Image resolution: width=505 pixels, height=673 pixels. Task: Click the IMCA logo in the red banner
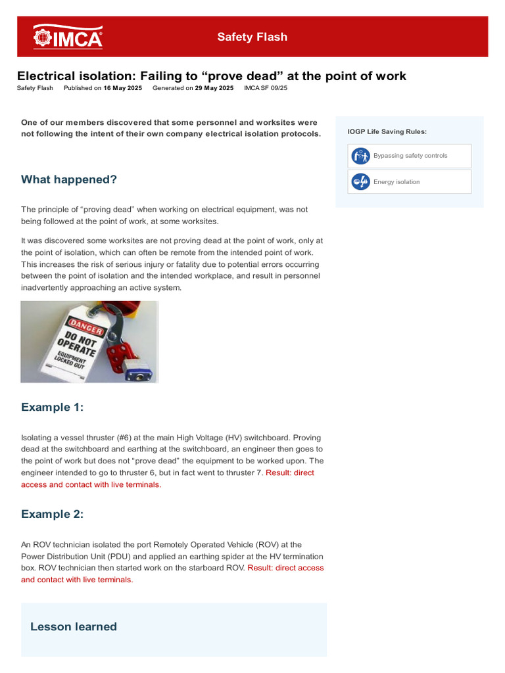[x=68, y=37]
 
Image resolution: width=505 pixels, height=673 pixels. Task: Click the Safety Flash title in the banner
[x=252, y=37]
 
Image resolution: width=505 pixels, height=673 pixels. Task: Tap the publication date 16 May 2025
[x=122, y=87]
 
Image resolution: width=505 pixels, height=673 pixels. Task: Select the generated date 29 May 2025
[x=214, y=87]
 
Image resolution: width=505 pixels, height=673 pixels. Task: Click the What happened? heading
[x=69, y=179]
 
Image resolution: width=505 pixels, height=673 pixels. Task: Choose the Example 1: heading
[x=53, y=407]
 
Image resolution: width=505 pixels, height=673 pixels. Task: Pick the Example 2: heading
[x=53, y=514]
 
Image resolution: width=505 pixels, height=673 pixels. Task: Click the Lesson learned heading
[x=74, y=626]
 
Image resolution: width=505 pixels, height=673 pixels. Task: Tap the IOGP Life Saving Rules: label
[x=387, y=131]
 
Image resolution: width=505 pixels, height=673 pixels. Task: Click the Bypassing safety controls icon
[x=360, y=156]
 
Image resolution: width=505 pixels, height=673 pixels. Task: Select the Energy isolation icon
[x=360, y=182]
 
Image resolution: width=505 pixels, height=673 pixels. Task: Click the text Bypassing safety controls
[x=410, y=156]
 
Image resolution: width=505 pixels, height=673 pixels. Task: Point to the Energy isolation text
[x=397, y=182]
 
